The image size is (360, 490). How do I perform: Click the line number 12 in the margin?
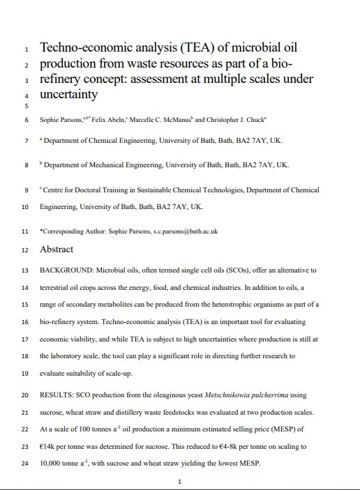coord(25,250)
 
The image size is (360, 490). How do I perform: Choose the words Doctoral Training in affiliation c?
coord(100,190)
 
